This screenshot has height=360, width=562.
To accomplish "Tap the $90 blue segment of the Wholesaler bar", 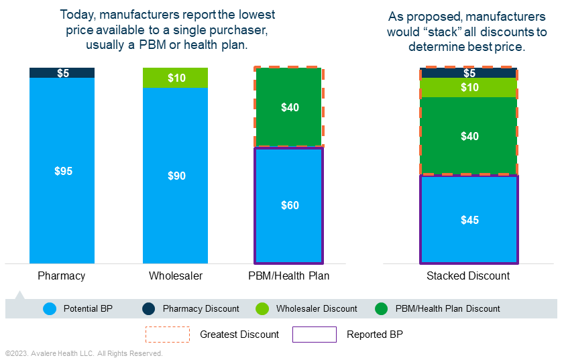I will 175,176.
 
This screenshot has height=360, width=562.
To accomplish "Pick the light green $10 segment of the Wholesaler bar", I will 175,78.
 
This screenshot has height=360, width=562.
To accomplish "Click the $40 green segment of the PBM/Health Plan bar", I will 289,107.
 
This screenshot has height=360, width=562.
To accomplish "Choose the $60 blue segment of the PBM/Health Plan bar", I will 289,205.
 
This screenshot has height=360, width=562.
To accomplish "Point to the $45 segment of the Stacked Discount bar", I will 469,220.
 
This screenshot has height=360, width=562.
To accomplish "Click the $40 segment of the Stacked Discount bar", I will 469,136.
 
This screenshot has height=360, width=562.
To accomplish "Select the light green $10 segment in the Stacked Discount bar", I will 469,88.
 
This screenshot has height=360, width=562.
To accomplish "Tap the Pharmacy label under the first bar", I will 62,276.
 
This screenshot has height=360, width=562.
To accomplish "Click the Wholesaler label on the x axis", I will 175,276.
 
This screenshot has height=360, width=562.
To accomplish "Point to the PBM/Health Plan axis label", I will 289,276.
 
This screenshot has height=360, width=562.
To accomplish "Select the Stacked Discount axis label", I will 468,276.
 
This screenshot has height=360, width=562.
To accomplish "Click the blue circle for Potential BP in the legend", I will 48,309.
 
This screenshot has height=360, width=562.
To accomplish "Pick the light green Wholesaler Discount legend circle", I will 262,309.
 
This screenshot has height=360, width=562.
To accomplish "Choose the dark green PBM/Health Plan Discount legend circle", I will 382,309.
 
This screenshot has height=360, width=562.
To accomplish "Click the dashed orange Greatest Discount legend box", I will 168,334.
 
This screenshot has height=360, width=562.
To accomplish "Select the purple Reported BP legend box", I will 315,334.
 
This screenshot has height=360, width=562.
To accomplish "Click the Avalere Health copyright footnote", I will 84,353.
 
